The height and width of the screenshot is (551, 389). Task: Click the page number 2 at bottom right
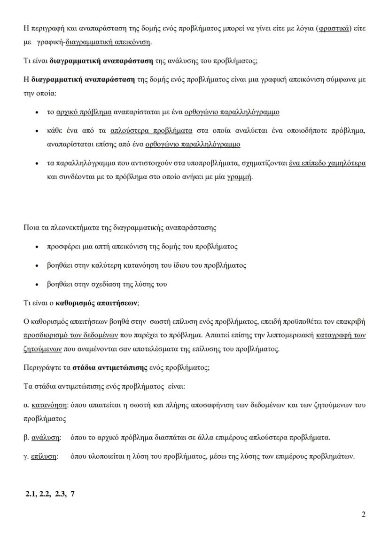coord(363,514)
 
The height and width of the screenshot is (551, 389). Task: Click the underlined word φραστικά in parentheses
coord(334,29)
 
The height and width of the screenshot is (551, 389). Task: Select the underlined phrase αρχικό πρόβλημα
coord(84,112)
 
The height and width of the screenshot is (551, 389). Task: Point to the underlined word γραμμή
coord(239,177)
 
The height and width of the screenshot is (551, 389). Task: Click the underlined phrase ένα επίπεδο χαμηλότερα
coord(327,163)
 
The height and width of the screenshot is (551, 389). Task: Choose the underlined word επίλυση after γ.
coord(44,456)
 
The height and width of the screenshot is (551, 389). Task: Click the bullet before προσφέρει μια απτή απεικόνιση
coord(37,247)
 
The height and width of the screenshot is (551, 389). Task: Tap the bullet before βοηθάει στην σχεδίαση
coord(37,284)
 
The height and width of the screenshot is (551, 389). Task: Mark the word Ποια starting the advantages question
coord(31,228)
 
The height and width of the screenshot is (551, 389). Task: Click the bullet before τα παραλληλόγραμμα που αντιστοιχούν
coord(37,164)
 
